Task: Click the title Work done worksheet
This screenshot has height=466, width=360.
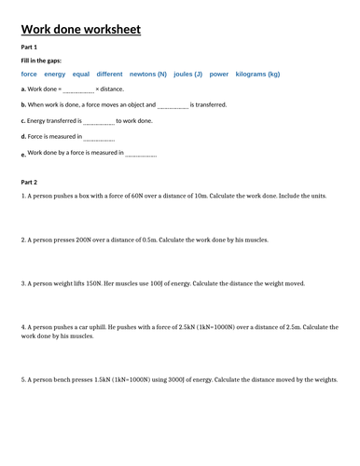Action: tap(80, 31)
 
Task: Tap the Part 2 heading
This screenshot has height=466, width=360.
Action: tap(29, 183)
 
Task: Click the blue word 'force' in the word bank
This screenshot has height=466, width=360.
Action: tap(29, 74)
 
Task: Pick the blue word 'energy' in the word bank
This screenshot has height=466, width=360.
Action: tap(55, 74)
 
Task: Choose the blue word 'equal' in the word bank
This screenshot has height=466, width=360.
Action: tap(81, 74)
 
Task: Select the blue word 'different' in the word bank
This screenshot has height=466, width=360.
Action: tap(110, 74)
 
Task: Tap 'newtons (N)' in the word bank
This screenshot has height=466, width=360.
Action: tap(149, 74)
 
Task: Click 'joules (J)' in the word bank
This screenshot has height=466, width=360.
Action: tap(188, 74)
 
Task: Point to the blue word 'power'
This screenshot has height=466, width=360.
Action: tap(219, 74)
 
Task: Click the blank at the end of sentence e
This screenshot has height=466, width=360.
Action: tap(141, 154)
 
